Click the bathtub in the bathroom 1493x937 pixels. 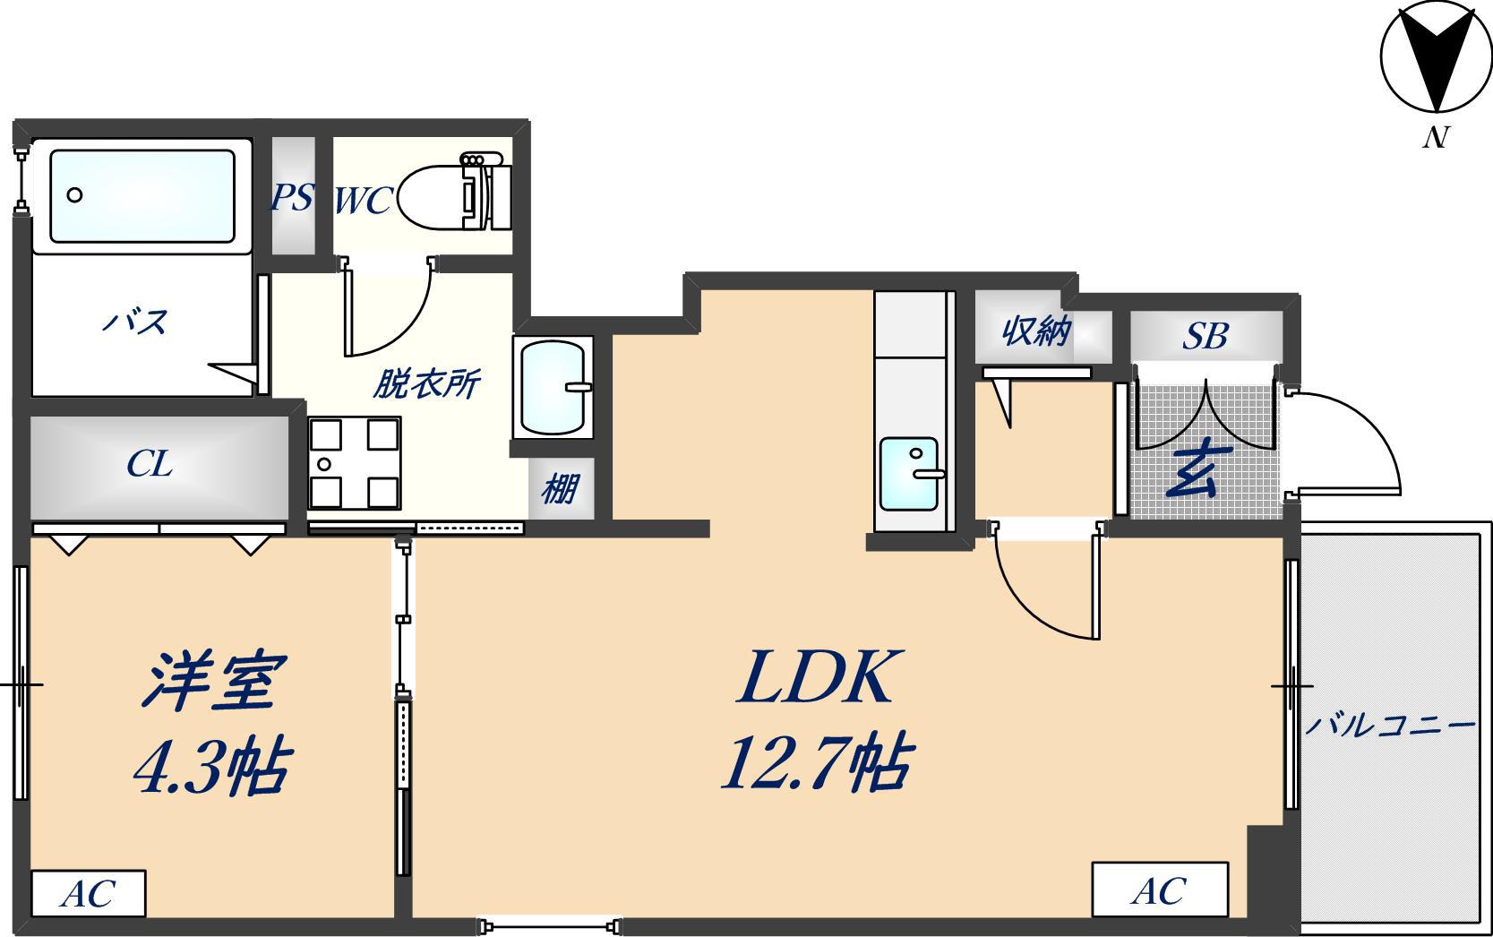point(142,196)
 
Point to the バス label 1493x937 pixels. point(135,322)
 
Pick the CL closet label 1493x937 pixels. point(150,464)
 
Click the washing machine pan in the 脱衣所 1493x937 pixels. point(354,462)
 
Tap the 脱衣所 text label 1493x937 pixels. point(426,383)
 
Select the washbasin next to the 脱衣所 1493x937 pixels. point(553,387)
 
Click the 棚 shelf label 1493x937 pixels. point(559,490)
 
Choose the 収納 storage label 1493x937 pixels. point(1036,331)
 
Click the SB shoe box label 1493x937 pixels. point(1206,337)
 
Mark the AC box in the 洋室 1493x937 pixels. point(88,893)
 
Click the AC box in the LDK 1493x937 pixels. point(1160,890)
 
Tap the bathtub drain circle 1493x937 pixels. point(74,195)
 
